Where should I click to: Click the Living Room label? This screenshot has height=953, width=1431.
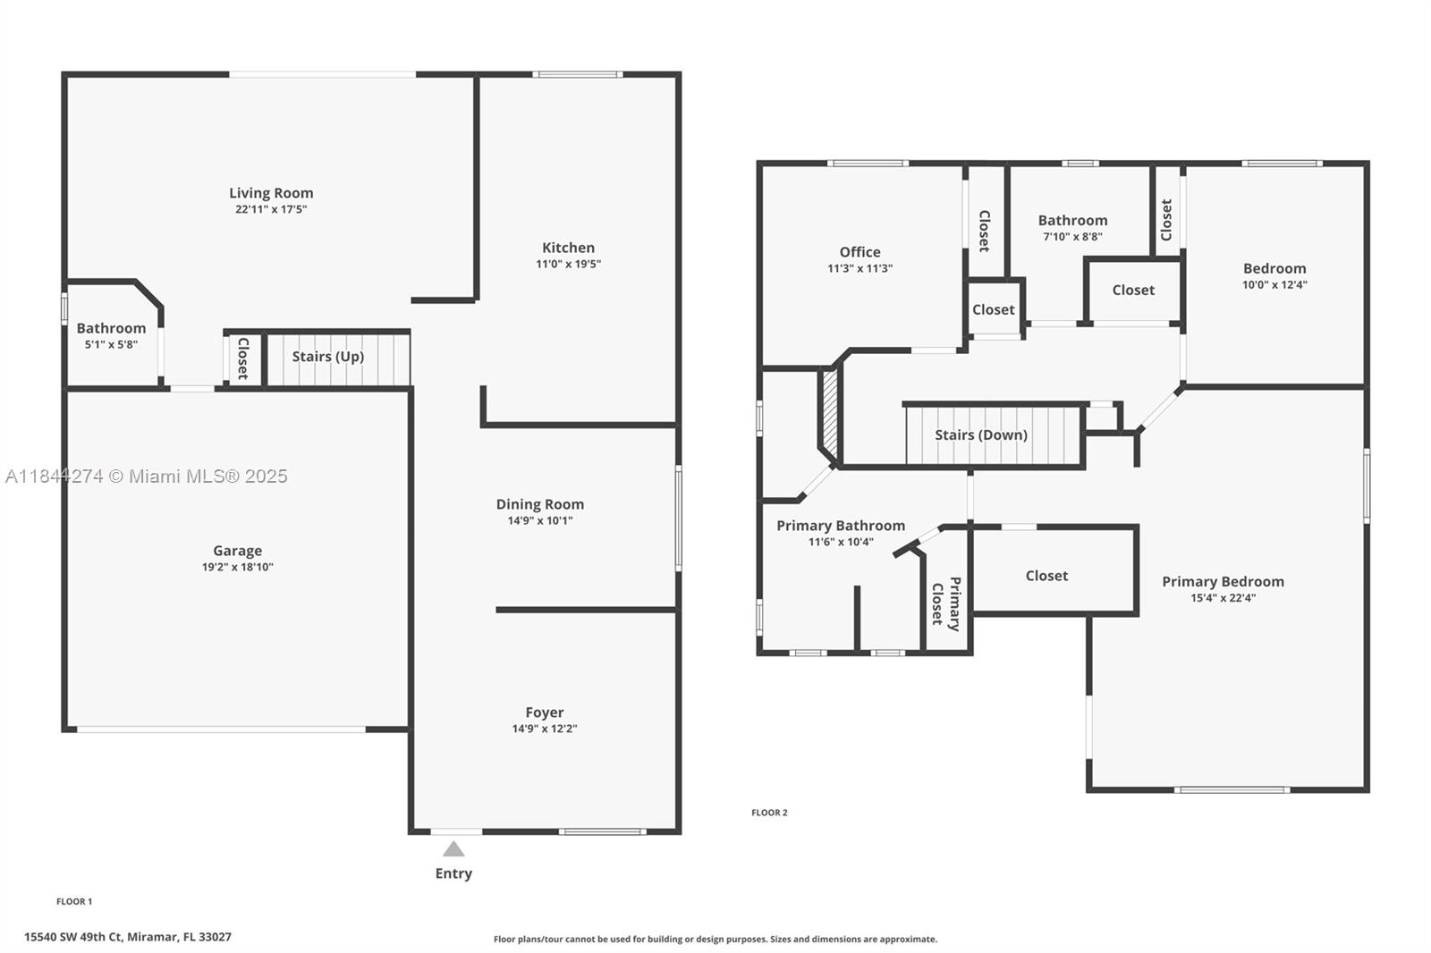click(x=271, y=193)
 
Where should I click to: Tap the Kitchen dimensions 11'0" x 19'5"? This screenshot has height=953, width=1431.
click(x=568, y=265)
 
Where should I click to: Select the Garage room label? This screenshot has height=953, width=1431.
click(x=237, y=551)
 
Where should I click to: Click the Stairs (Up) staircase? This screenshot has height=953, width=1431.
click(x=338, y=358)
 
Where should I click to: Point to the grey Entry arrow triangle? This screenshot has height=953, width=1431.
click(x=453, y=849)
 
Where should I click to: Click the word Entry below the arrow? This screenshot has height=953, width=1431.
click(x=453, y=873)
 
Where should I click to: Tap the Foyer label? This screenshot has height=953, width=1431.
click(x=544, y=713)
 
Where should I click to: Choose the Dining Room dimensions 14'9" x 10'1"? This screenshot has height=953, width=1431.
click(x=539, y=520)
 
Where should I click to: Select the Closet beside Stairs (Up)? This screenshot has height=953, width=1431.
click(x=242, y=358)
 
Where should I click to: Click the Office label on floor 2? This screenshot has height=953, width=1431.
click(x=859, y=252)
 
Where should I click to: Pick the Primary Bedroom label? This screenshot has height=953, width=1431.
click(x=1223, y=581)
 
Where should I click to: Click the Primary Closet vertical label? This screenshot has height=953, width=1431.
click(x=945, y=603)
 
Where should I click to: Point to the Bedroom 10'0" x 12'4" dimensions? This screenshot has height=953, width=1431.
click(x=1274, y=285)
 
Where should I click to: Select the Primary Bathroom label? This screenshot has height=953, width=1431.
click(x=840, y=526)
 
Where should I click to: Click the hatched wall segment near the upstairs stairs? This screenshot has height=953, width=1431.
click(x=830, y=413)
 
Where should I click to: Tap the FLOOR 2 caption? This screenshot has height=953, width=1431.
click(x=769, y=813)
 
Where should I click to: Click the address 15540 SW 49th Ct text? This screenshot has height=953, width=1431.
click(x=127, y=937)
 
